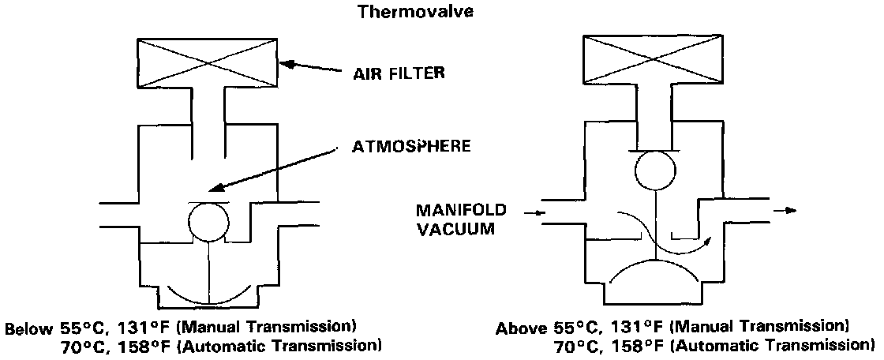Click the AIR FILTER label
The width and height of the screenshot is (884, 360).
pyautogui.click(x=399, y=74)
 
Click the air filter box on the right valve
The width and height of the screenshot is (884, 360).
pyautogui.click(x=653, y=59)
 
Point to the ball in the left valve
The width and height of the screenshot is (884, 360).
pyautogui.click(x=208, y=223)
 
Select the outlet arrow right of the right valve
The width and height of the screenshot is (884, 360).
pyautogui.click(x=786, y=211)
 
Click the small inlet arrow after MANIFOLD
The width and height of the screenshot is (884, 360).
pyautogui.click(x=538, y=212)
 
